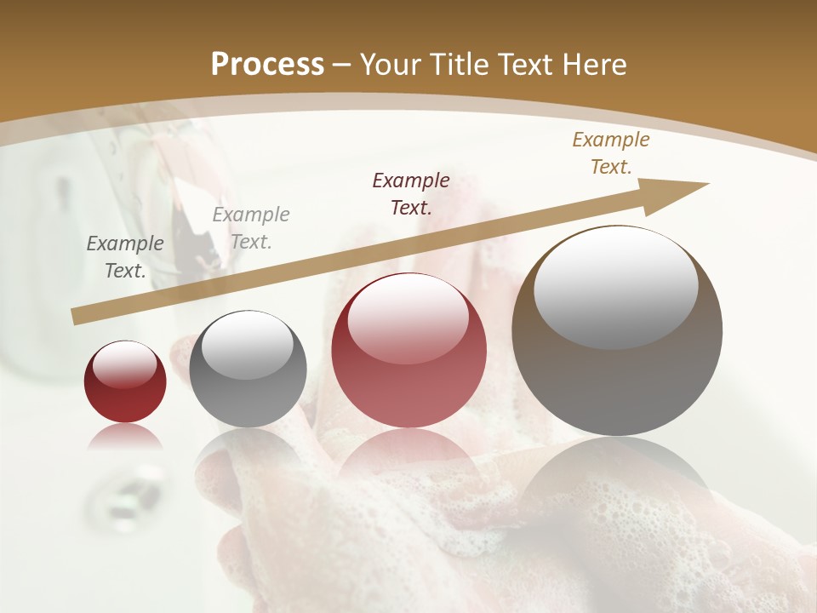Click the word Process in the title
click(x=267, y=65)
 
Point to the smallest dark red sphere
click(x=125, y=381)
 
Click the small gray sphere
click(x=248, y=369)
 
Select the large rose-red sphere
click(x=409, y=350)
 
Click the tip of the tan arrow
click(x=706, y=184)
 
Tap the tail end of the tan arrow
click(x=75, y=317)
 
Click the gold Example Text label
click(x=610, y=153)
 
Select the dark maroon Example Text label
click(x=411, y=193)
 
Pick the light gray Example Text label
click(x=251, y=227)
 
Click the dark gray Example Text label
click(x=125, y=256)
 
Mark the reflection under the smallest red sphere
click(x=125, y=438)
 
